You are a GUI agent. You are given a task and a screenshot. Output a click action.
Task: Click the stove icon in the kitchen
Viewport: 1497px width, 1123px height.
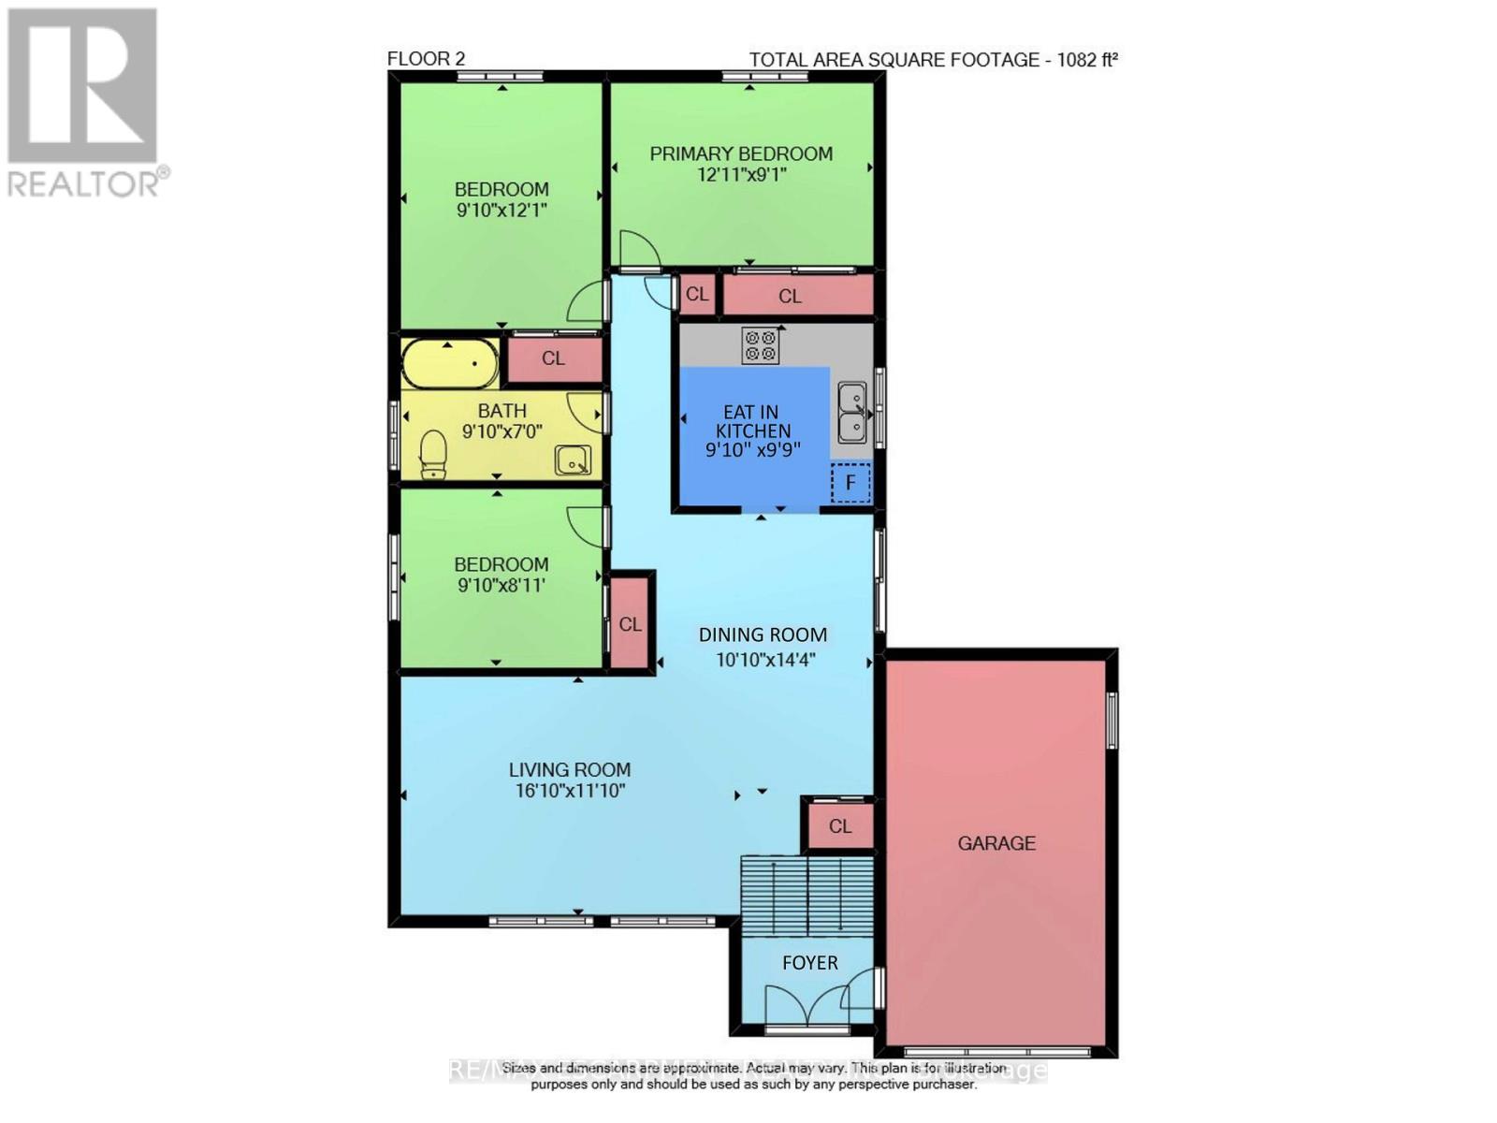pos(760,345)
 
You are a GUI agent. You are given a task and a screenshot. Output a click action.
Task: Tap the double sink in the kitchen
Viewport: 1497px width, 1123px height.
pos(851,413)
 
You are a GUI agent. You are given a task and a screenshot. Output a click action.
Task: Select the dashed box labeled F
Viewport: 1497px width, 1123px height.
pos(850,483)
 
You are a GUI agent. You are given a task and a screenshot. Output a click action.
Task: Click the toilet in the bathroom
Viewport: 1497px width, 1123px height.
pos(432,454)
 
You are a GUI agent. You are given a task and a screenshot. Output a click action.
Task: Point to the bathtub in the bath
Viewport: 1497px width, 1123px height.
pos(450,364)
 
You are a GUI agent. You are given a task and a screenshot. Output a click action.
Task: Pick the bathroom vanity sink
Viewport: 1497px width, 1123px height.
pos(572,460)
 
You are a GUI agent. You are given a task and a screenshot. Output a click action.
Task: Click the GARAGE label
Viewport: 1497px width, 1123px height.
pos(996,843)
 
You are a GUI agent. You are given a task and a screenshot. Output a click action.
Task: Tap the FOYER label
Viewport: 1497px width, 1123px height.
pos(809,963)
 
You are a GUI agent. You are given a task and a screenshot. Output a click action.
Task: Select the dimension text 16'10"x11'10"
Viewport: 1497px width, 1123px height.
pos(570,792)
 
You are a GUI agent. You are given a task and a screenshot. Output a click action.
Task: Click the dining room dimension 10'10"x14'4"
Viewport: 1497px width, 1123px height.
pos(765,660)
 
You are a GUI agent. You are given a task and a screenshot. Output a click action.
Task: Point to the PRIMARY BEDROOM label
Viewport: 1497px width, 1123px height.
pos(741,153)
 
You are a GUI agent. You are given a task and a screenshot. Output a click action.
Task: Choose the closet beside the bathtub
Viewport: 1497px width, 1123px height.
pos(553,359)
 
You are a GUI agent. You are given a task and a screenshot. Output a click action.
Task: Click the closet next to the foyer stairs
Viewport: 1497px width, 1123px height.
pos(840,826)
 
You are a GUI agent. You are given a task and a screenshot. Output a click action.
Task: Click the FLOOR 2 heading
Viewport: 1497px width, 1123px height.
pos(426,59)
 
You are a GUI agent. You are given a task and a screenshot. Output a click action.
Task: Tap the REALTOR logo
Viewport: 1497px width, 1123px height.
pos(84,102)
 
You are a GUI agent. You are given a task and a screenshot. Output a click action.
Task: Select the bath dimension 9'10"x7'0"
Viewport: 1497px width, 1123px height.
pos(501,432)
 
